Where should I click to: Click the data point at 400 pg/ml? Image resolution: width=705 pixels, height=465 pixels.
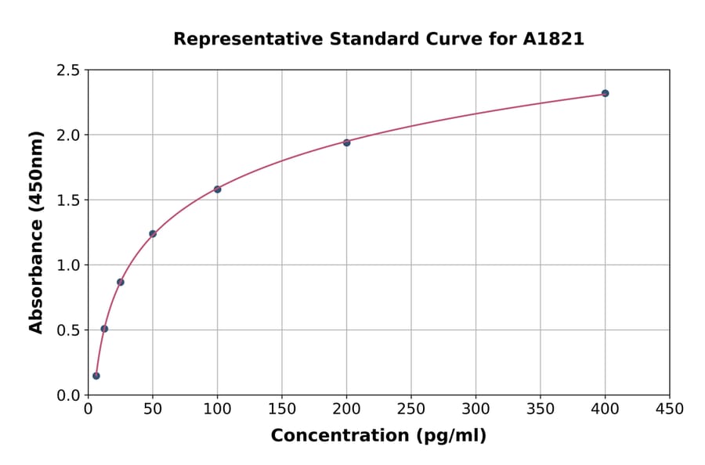click(x=605, y=93)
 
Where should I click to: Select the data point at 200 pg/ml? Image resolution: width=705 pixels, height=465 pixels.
click(x=346, y=142)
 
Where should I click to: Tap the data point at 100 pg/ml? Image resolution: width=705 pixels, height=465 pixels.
click(x=217, y=189)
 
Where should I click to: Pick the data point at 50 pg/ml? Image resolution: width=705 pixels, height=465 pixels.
click(x=153, y=233)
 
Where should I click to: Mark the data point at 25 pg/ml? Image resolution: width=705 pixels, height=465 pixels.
click(x=121, y=282)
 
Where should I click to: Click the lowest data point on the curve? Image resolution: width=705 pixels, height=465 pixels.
click(x=96, y=376)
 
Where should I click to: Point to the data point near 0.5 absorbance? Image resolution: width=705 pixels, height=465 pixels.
click(x=104, y=329)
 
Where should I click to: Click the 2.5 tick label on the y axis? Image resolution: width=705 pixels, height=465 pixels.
click(x=68, y=70)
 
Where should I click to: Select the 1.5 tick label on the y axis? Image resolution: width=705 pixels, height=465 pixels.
click(x=68, y=200)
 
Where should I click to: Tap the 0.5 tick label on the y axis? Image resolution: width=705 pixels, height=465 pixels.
click(x=68, y=330)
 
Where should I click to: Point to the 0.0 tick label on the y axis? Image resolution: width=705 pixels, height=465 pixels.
click(x=68, y=395)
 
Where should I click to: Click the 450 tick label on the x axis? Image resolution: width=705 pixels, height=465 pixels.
click(x=669, y=409)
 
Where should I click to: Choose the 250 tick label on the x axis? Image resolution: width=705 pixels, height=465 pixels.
click(x=411, y=409)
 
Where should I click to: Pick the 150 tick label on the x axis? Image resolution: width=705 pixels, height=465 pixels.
click(x=282, y=409)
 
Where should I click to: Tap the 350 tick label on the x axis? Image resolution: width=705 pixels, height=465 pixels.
click(x=540, y=409)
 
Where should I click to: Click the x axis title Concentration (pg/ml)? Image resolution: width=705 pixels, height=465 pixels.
click(x=378, y=436)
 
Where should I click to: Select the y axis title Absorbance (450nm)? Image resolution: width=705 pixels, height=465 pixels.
click(x=36, y=232)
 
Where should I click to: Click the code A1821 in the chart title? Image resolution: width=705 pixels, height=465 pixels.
click(x=553, y=39)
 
